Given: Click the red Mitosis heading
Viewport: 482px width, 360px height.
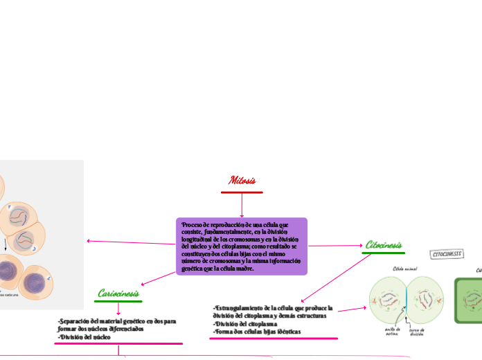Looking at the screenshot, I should [242, 181].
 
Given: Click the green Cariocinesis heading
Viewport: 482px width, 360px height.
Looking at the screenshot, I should [119, 294].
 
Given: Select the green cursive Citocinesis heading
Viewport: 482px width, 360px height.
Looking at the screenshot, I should [383, 245].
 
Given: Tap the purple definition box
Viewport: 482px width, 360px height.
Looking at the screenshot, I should [242, 246].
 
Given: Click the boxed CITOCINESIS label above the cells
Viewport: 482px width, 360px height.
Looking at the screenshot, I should [447, 254].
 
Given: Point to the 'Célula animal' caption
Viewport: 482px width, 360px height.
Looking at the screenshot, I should [407, 268].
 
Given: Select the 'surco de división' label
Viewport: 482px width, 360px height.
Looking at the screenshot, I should [417, 332].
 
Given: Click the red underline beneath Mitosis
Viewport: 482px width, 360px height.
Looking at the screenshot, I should [242, 192].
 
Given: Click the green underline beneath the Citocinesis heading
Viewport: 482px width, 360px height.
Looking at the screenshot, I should [383, 253].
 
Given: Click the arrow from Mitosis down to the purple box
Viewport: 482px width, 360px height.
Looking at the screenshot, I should [242, 205].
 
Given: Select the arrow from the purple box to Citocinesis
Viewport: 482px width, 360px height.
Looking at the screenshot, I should [336, 246].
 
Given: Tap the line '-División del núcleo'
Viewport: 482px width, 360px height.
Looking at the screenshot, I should [84, 337].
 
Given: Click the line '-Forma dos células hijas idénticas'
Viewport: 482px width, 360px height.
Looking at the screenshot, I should [257, 332].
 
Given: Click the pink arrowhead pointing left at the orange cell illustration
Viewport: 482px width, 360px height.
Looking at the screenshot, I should [89, 241].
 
